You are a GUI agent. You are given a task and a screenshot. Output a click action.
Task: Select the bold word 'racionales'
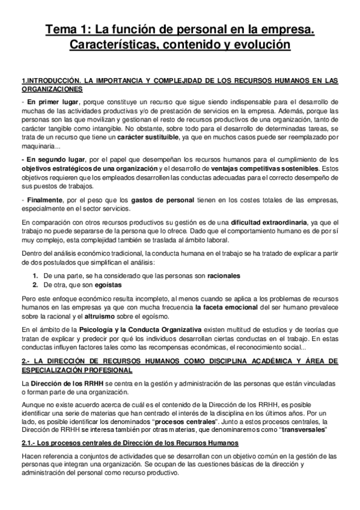(221, 275)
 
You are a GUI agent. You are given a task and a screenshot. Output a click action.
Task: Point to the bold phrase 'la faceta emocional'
(229, 307)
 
